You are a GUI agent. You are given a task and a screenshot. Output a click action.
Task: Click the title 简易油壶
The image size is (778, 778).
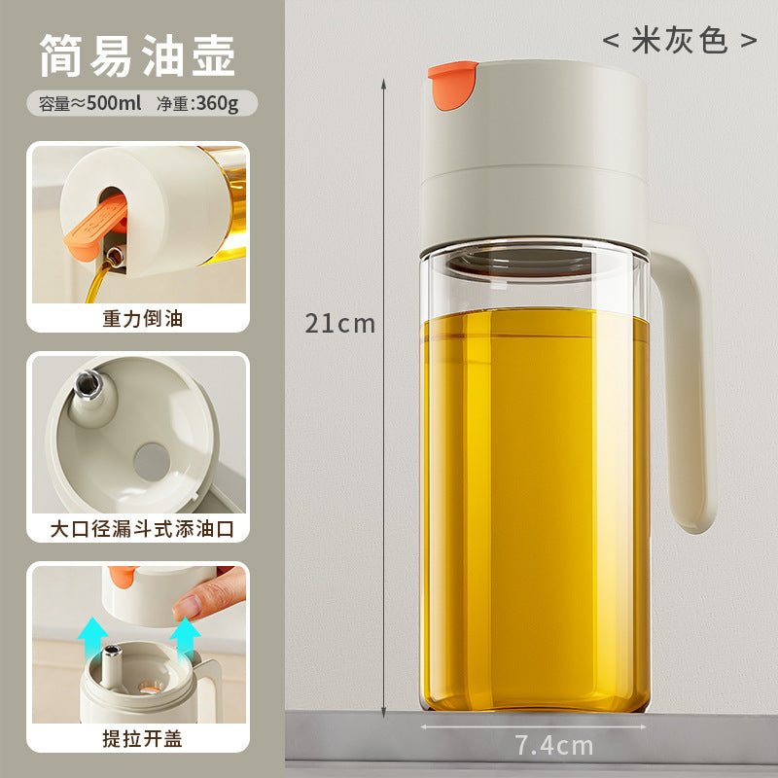(x=137, y=55)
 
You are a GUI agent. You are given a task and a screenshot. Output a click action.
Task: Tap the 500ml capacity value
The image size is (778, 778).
(x=114, y=103)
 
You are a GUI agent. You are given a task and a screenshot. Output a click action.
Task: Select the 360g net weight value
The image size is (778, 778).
(x=217, y=104)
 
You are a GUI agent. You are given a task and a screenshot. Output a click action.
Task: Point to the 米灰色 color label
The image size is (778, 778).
(x=679, y=40)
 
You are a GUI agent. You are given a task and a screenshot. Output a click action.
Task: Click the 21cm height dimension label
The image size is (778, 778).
(x=339, y=324)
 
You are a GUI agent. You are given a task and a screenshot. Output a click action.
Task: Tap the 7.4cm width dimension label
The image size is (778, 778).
(x=553, y=745)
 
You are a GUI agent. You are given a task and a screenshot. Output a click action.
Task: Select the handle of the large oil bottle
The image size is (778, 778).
(x=685, y=387)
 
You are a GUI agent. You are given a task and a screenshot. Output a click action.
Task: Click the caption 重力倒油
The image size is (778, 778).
(x=142, y=319)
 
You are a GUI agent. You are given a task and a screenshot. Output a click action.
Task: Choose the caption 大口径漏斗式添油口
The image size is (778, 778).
(x=142, y=529)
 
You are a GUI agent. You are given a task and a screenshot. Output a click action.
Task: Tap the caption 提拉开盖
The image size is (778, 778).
(x=142, y=739)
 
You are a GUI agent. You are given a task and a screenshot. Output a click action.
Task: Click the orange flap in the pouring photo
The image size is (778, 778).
(x=95, y=228)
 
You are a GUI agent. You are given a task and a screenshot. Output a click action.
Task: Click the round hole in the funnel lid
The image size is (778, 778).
(x=152, y=462)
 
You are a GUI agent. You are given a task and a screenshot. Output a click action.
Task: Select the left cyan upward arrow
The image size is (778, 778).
(x=92, y=640)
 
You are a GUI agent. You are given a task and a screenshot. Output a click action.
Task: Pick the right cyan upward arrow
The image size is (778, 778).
(x=185, y=640)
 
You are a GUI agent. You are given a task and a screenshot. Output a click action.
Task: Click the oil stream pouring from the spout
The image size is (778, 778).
(x=98, y=281)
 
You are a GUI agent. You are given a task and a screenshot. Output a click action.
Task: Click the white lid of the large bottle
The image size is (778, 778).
(x=533, y=154)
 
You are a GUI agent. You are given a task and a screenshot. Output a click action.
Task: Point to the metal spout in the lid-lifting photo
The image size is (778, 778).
(x=111, y=665)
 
